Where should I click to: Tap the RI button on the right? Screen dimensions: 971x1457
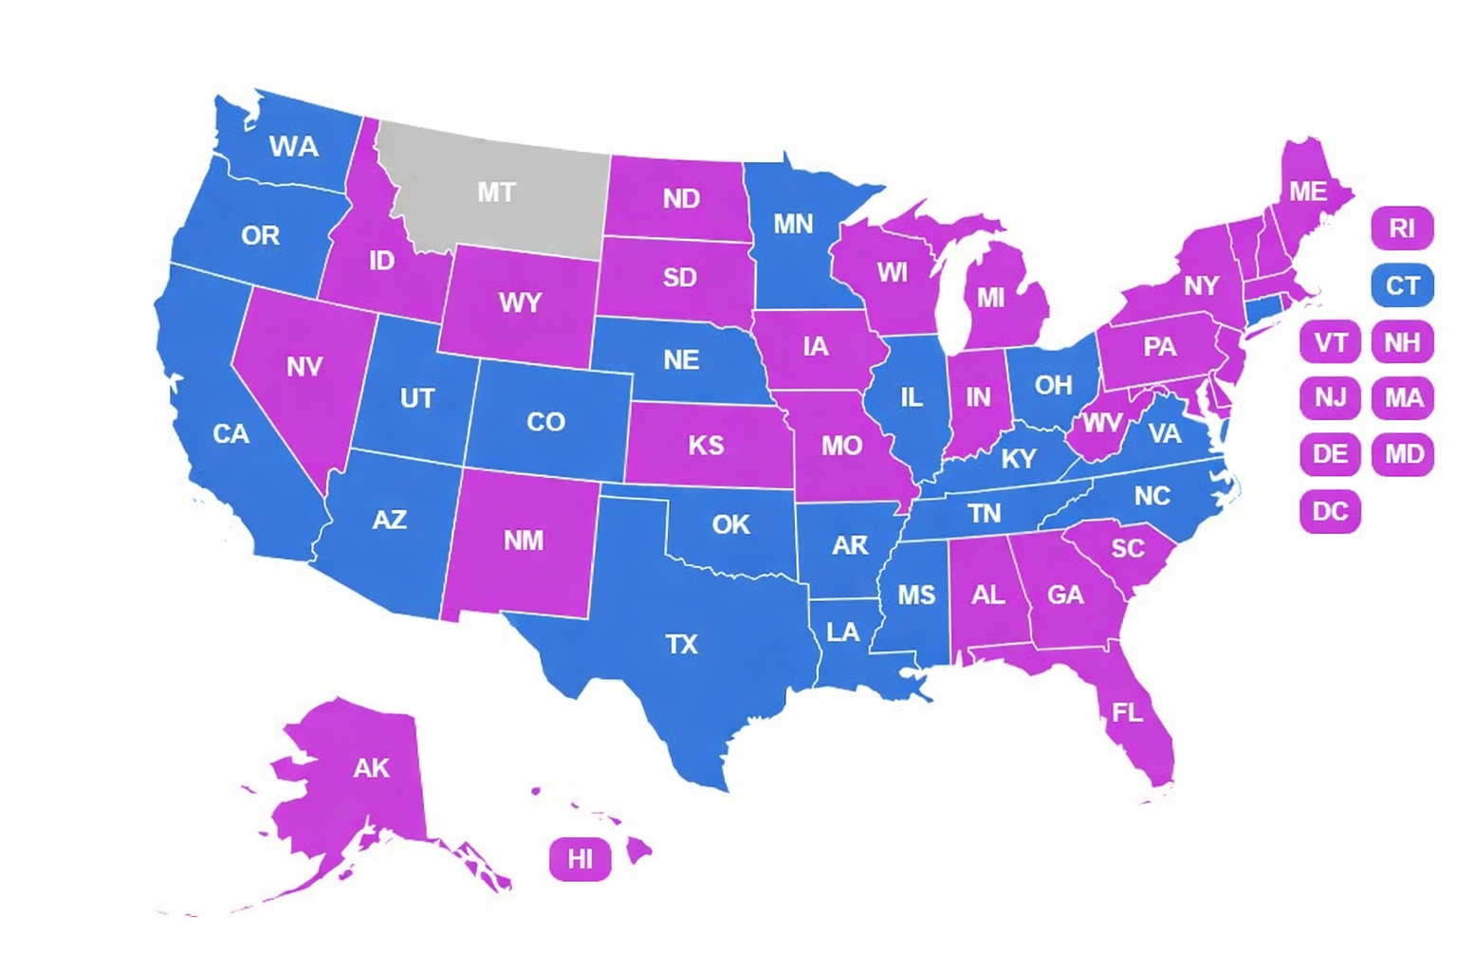[x=1402, y=229]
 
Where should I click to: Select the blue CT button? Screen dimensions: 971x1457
[x=1402, y=285]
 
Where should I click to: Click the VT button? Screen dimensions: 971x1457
[x=1330, y=342]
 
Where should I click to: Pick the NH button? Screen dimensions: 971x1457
[x=1402, y=342]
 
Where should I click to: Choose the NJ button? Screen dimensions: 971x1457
[x=1330, y=397]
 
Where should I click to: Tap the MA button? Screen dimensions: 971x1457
[x=1402, y=397]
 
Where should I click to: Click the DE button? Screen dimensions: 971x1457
[x=1330, y=454]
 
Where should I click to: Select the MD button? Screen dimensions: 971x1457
[x=1402, y=454]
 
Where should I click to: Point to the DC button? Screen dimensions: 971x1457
[x=1330, y=511]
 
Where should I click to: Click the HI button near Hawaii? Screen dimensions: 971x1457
[x=580, y=859]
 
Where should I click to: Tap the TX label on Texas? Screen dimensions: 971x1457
[x=681, y=645]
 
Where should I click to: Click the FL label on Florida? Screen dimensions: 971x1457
[x=1127, y=712]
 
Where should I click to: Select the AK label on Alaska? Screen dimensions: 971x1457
[x=371, y=768]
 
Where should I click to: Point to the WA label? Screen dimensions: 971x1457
[x=293, y=147]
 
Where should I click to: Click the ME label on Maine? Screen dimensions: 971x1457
[x=1307, y=192]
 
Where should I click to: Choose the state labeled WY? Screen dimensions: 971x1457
[x=520, y=302]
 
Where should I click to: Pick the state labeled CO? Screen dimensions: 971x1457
[x=545, y=421]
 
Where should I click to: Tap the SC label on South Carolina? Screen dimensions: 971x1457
[x=1127, y=548]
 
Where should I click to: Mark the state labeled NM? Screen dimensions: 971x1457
[x=523, y=540]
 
